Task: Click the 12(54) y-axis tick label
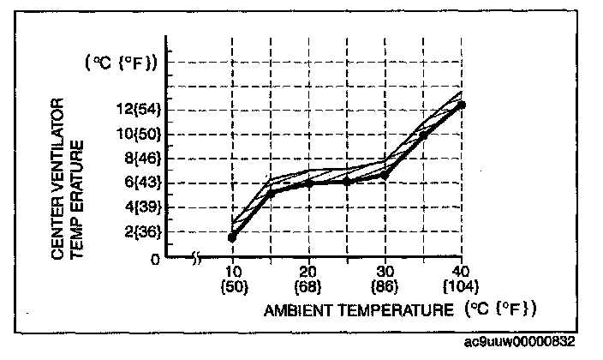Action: pyautogui.click(x=140, y=109)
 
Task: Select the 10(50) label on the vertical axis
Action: pyautogui.click(x=140, y=134)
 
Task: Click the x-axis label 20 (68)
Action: pyautogui.click(x=308, y=277)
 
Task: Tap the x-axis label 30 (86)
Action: pyautogui.click(x=385, y=277)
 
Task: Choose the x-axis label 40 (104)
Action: pyautogui.click(x=462, y=277)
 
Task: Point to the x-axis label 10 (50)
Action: pyautogui.click(x=233, y=277)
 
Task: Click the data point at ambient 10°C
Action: pyautogui.click(x=232, y=237)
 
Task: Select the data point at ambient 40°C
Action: pyautogui.click(x=462, y=105)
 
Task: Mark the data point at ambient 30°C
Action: pyautogui.click(x=385, y=175)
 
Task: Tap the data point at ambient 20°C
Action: pyautogui.click(x=308, y=183)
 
